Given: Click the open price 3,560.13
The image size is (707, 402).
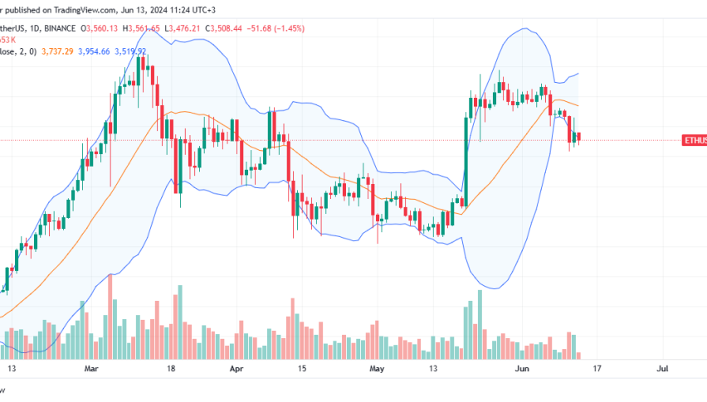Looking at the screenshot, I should pos(102,28).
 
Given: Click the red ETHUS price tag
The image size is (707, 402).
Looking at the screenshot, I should pos(694,141).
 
